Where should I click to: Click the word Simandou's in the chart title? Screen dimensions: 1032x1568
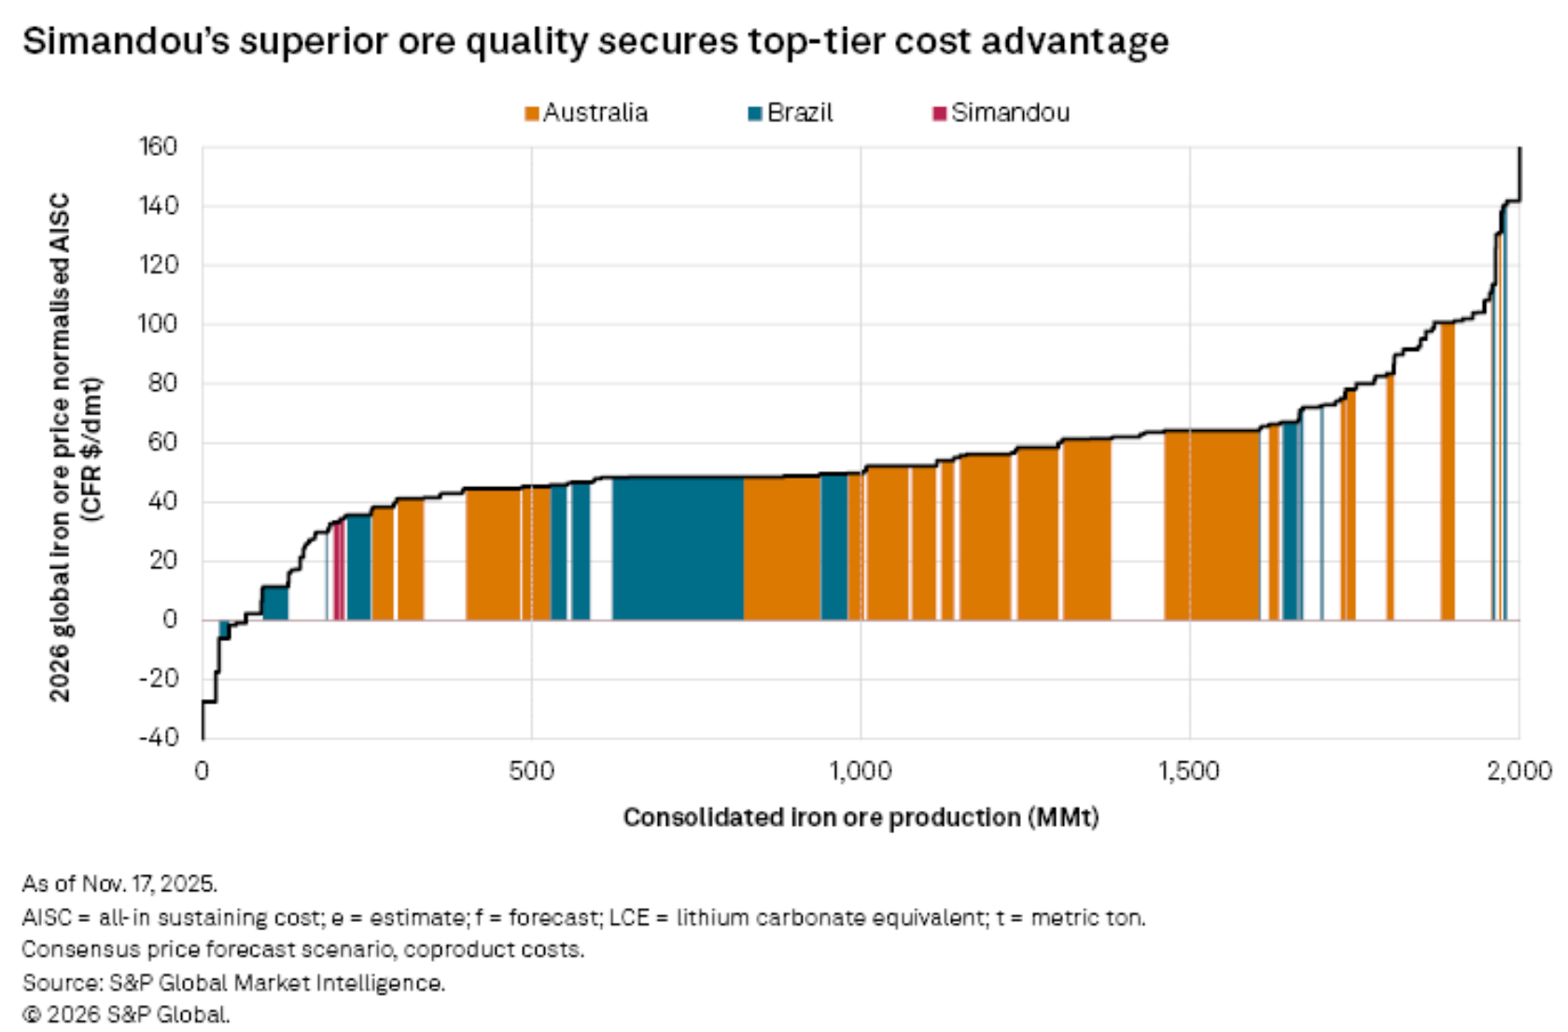126,42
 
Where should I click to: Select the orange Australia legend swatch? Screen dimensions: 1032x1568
532,114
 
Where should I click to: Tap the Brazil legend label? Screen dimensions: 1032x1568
800,113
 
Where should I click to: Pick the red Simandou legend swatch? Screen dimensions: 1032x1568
939,114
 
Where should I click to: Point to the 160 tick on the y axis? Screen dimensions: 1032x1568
158,146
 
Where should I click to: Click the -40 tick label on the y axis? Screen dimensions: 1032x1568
158,737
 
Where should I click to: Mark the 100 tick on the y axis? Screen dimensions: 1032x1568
158,324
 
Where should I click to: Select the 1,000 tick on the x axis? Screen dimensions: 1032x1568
861,772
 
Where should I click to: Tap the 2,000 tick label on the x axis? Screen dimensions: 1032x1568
1519,772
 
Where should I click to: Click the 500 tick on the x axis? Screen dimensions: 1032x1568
531,772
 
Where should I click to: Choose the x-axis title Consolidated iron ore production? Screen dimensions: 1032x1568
861,817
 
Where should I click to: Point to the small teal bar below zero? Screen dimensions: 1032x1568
224,630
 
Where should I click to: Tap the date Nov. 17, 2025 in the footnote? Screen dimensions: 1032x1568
149,883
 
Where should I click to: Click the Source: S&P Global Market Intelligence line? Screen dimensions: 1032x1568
233,983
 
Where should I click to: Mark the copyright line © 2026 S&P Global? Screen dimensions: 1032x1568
126,1014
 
